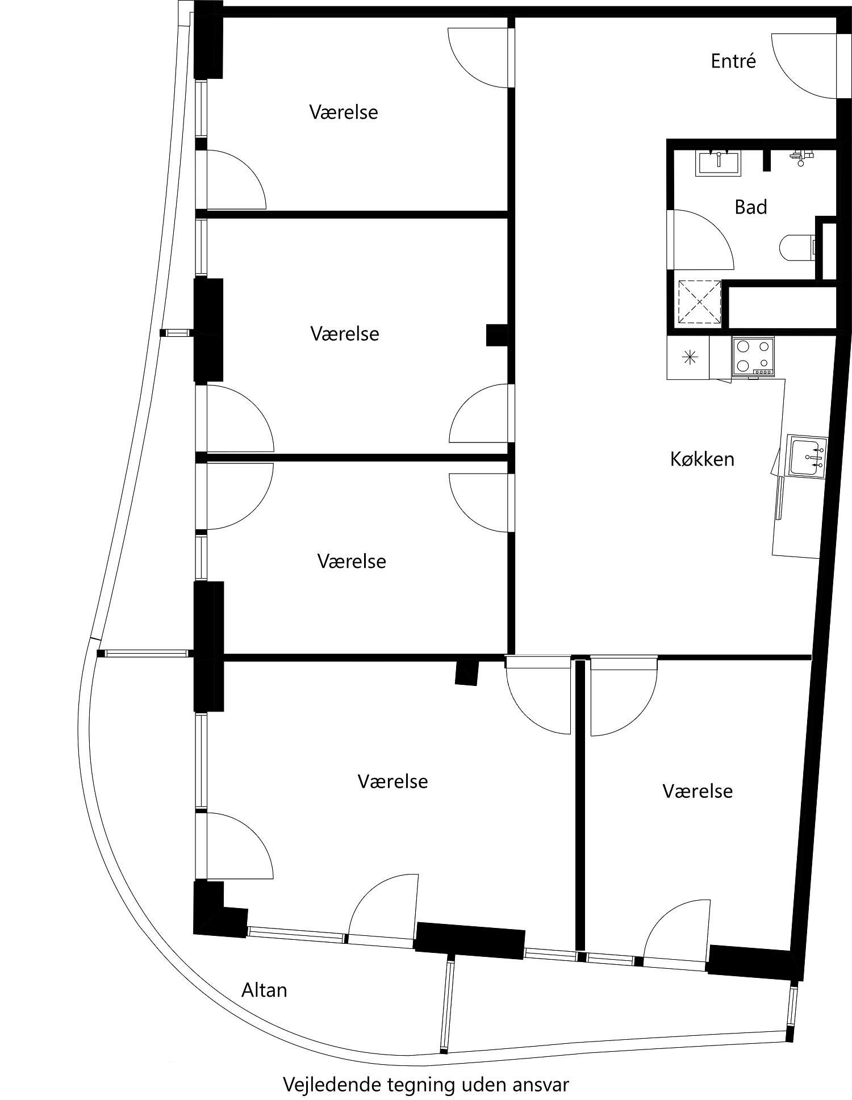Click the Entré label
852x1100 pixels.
733,61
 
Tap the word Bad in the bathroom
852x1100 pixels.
750,207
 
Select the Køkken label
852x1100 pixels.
702,459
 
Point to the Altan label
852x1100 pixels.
264,990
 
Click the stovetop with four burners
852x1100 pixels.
753,355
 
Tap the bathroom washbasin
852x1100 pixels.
719,162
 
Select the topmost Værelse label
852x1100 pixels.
344,112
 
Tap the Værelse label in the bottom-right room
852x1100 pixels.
698,791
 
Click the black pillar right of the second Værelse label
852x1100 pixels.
497,335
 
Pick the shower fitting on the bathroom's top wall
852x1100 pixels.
800,157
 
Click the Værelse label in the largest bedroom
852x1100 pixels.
392,781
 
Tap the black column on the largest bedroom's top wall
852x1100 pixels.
467,673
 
